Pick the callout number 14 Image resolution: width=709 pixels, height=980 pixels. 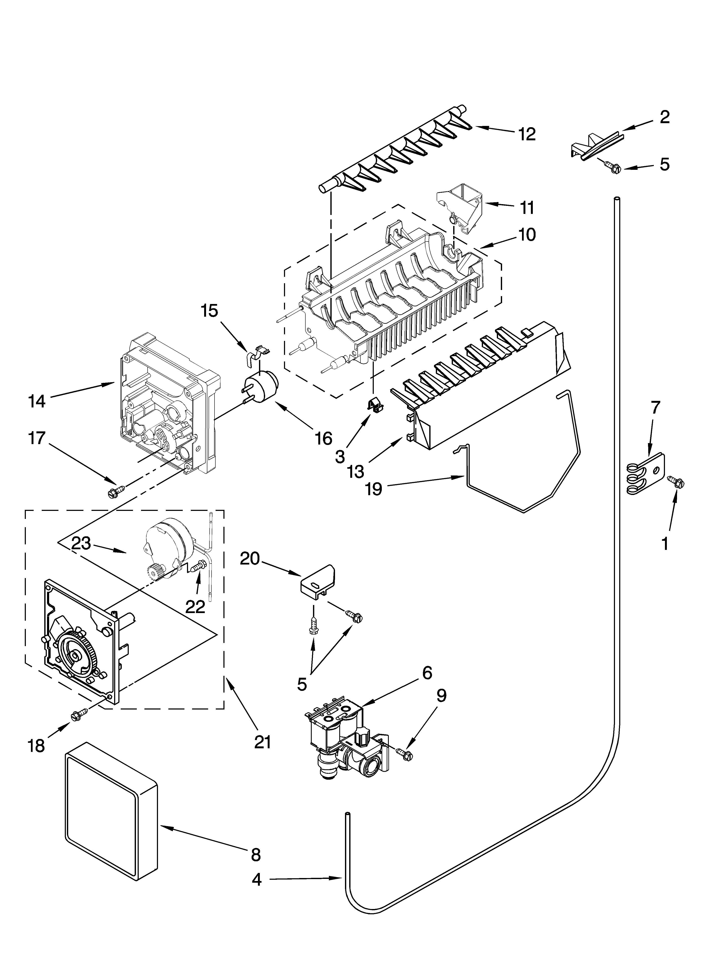pos(37,401)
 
